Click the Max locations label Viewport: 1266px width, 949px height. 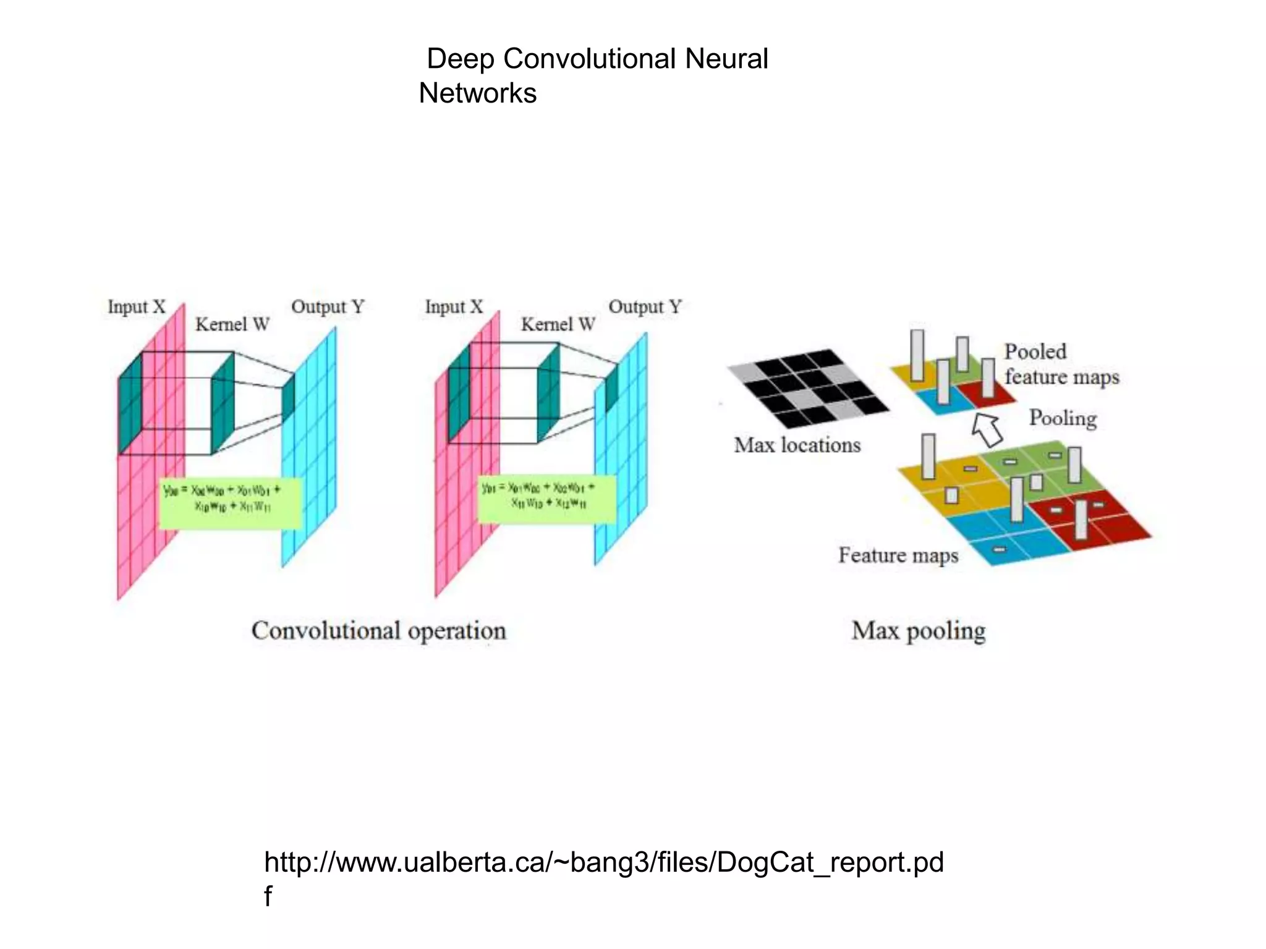click(797, 445)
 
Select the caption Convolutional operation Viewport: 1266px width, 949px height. click(378, 631)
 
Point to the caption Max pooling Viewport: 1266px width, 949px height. click(918, 631)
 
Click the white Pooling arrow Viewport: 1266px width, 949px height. click(987, 429)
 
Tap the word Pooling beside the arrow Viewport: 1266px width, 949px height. click(1063, 418)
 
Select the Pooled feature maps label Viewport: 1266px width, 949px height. click(1061, 364)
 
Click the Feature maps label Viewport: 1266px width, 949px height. click(898, 555)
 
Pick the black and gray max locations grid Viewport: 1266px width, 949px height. click(808, 389)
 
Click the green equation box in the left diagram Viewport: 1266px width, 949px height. click(230, 503)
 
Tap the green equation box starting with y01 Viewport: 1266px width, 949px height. click(546, 499)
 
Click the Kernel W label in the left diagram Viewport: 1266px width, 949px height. click(232, 324)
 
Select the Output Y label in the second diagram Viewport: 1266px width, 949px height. click(645, 306)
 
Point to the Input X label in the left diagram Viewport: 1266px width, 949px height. click(137, 306)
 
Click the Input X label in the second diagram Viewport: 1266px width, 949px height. click(454, 306)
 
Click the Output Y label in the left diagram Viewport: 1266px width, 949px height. click(328, 306)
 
